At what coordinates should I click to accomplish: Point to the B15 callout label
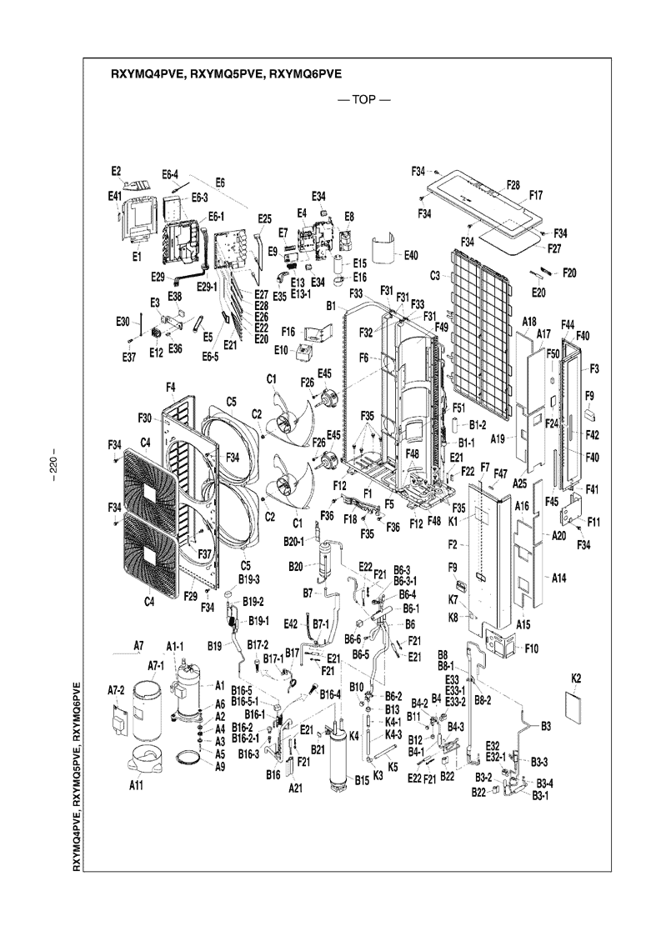[x=361, y=780]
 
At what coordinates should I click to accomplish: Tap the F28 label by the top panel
[x=513, y=184]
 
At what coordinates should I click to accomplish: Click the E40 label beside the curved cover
[x=410, y=255]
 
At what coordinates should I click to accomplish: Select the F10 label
[x=531, y=648]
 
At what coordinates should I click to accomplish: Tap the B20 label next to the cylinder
[x=296, y=567]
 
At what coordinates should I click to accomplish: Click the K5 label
[x=393, y=766]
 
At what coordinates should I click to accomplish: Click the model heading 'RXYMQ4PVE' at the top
[x=148, y=73]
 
